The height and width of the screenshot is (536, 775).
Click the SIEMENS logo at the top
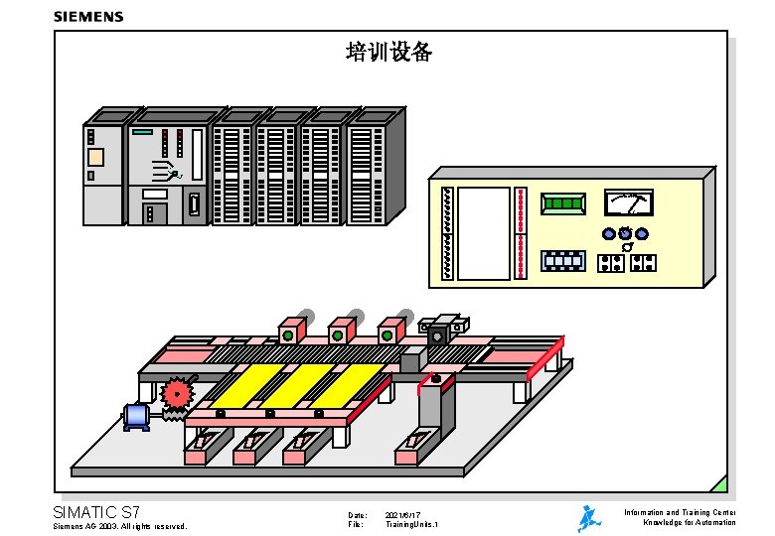coord(88,16)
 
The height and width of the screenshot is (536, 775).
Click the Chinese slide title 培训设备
coord(388,52)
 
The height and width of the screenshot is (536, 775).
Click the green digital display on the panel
coord(563,203)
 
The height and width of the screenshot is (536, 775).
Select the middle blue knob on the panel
coord(625,233)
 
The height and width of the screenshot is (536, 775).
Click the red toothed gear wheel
coord(178,394)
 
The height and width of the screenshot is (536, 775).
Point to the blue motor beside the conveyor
coord(136,416)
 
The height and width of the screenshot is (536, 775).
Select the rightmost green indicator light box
coord(387,334)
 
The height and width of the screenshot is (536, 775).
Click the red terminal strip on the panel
coord(521,233)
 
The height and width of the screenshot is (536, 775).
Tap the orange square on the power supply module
coord(95,157)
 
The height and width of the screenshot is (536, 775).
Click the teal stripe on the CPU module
coord(142,132)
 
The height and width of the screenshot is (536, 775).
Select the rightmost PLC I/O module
coord(367,174)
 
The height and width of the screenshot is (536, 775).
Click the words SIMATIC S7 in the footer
coord(96,512)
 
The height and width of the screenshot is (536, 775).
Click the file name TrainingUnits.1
coord(411,524)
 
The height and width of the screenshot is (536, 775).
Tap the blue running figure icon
coord(589,517)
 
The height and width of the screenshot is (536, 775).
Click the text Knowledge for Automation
coord(690,522)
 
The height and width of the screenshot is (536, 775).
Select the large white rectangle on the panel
coord(483,233)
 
